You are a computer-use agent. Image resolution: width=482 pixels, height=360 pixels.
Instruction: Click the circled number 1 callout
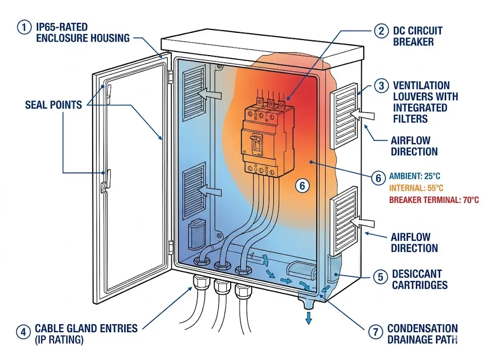(x=24, y=27)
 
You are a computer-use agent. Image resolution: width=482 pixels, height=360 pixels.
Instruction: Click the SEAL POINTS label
(x=53, y=104)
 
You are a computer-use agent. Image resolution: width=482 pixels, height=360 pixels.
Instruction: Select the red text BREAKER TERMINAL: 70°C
(x=434, y=200)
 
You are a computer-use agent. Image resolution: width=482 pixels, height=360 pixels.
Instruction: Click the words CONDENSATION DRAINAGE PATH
(x=422, y=333)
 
